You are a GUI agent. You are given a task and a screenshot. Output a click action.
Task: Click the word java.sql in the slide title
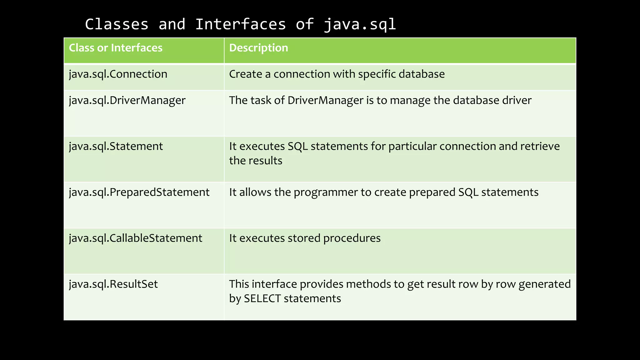coord(360,24)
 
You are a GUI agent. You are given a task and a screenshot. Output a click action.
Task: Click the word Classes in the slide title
coord(117,24)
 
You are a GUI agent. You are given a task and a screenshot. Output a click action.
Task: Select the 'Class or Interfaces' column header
coord(116,48)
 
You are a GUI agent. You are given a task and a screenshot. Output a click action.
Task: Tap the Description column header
coord(258,48)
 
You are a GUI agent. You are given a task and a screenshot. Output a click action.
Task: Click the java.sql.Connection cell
coord(118,74)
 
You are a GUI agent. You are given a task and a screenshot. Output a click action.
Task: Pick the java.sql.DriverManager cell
coord(127,101)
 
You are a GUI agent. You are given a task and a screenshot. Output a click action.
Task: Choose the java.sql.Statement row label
coord(116,147)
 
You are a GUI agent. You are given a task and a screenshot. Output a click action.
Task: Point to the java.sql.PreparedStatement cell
coord(139,192)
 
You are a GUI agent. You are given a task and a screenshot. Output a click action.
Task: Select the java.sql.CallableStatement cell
coord(136,238)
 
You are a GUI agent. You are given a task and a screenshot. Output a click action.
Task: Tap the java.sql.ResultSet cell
coord(113,284)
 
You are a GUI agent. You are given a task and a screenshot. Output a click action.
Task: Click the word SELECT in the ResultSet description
coord(262,299)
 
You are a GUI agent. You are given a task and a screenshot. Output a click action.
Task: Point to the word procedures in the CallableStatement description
coord(352,238)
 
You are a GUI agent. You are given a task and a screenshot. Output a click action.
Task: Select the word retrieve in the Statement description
coord(540,147)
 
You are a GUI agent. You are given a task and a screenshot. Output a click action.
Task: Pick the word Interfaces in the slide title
coord(240,24)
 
